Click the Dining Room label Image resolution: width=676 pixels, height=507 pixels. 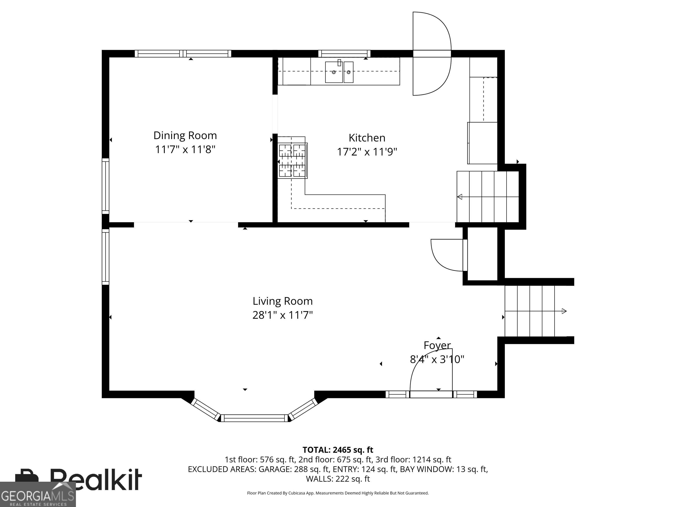tap(185, 135)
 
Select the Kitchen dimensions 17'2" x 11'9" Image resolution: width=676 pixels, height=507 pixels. tap(367, 152)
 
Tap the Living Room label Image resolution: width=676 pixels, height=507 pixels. tap(282, 301)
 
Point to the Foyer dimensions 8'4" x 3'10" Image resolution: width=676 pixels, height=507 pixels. tap(437, 359)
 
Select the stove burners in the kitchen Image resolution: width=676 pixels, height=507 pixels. tap(292, 161)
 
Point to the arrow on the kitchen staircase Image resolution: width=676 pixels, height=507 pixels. tap(460, 197)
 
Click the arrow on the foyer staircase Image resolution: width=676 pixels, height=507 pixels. tap(564, 311)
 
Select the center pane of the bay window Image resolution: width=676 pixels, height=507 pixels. tap(254, 418)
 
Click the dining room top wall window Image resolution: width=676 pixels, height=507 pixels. tap(183, 54)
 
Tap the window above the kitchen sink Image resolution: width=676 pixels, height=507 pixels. tap(344, 54)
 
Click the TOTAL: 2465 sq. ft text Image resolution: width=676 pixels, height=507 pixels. tap(338, 450)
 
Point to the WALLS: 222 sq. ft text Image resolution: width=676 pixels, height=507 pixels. tap(338, 479)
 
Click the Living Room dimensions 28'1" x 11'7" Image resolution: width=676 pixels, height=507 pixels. tap(282, 315)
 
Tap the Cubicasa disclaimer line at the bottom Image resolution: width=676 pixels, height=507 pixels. tap(338, 501)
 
